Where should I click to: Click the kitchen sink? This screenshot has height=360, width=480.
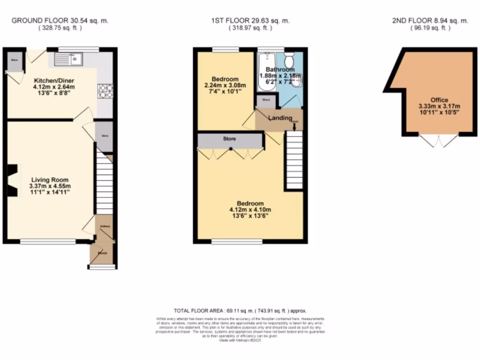(x=68, y=59)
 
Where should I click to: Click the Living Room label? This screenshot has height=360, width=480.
(x=50, y=180)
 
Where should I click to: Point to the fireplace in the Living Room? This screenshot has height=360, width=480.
(x=13, y=180)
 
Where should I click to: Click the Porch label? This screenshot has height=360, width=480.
(x=102, y=253)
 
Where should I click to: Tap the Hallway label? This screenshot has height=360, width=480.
(x=105, y=226)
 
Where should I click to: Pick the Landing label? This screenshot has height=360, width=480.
(x=280, y=118)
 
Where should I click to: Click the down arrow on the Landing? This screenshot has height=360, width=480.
(x=294, y=126)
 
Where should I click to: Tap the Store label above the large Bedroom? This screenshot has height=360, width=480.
(x=229, y=139)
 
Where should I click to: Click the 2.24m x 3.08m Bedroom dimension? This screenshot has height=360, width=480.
(x=225, y=85)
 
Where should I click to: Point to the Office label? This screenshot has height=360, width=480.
(x=439, y=100)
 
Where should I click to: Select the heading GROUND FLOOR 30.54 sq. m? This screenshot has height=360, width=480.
(x=60, y=21)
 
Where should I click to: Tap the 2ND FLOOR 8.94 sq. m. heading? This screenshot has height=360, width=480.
(x=430, y=21)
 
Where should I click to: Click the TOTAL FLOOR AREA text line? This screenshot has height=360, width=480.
(x=240, y=310)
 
